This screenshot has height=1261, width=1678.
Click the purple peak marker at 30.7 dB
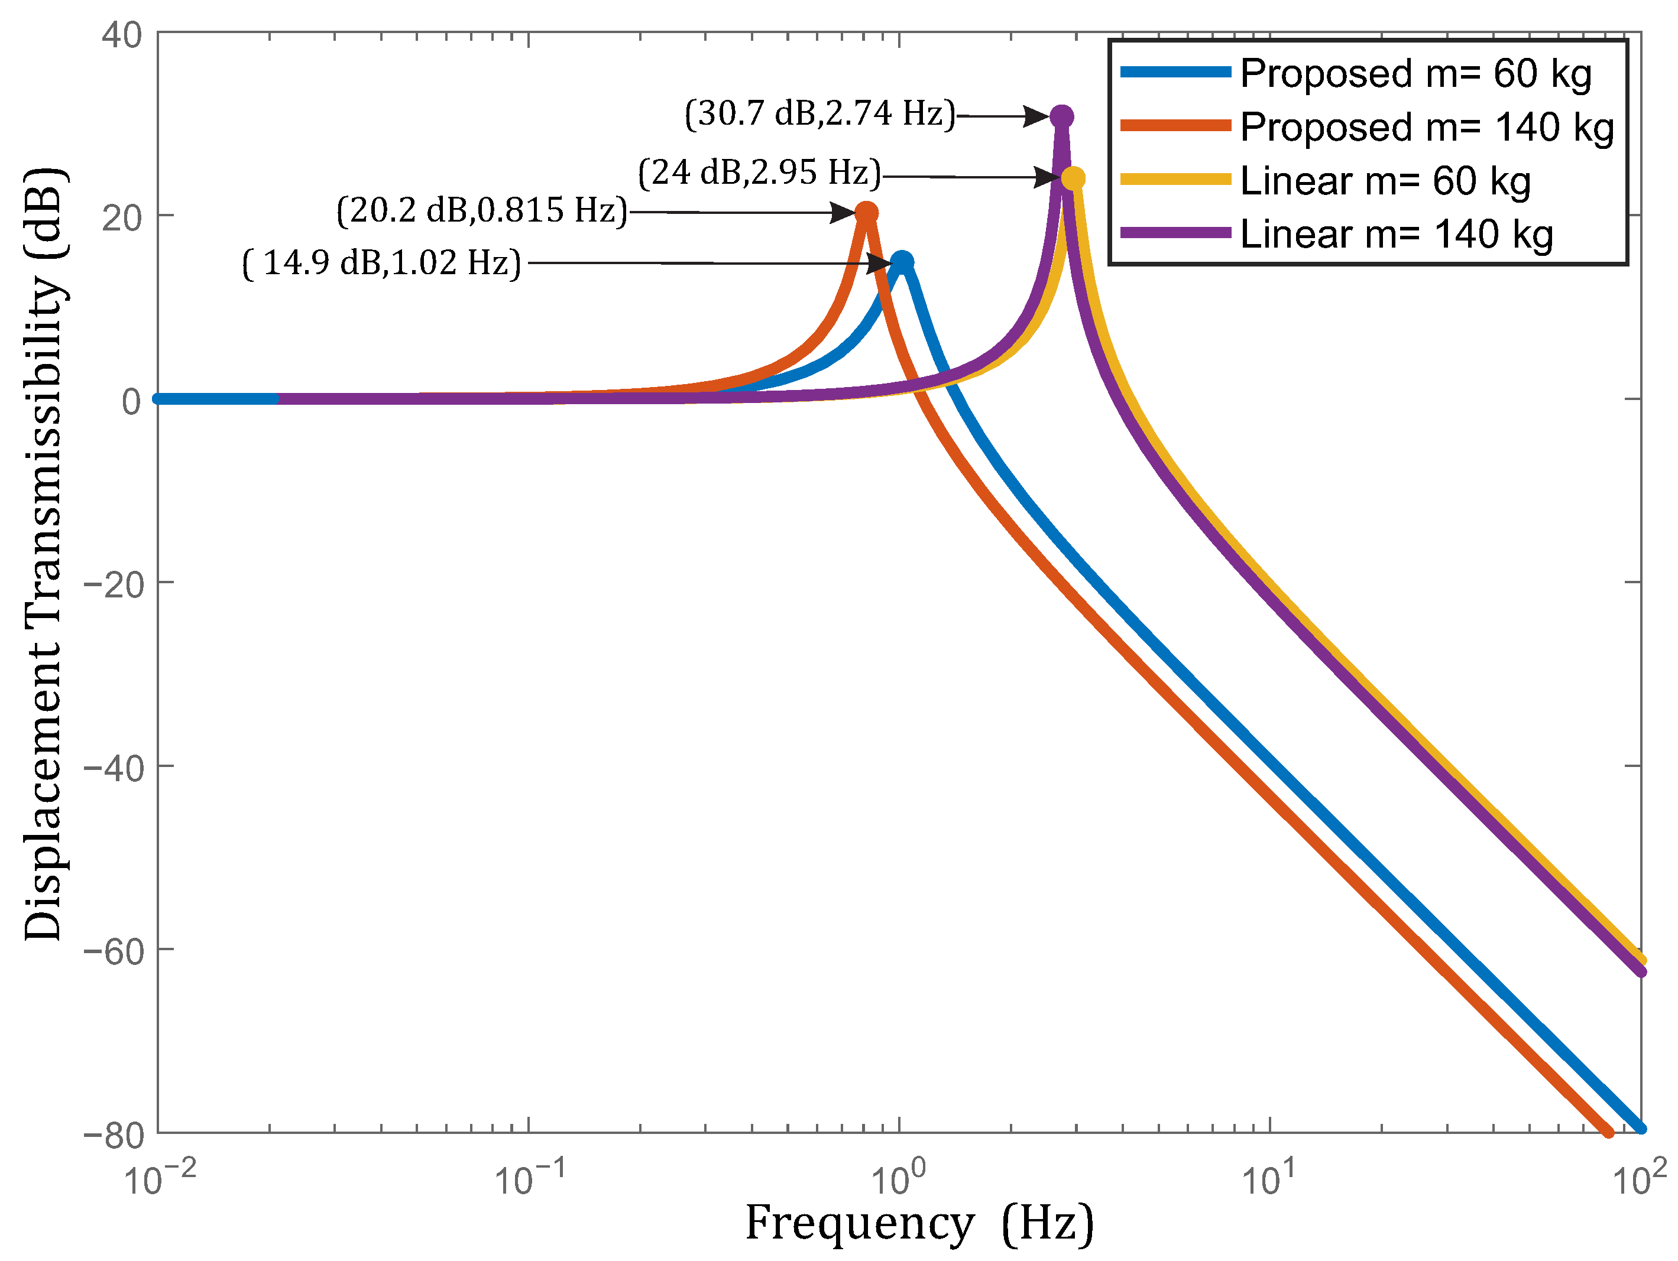[1061, 116]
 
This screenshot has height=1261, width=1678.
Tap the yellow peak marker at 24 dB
[1073, 178]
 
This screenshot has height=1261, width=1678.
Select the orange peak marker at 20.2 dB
[866, 213]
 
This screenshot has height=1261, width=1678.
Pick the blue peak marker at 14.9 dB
[901, 262]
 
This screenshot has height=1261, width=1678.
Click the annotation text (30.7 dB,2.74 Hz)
[820, 113]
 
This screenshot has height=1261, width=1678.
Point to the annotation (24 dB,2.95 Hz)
[759, 173]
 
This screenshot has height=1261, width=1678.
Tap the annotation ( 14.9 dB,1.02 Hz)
[381, 263]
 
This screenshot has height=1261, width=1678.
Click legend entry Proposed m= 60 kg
[1415, 73]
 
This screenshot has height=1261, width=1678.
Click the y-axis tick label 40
[122, 35]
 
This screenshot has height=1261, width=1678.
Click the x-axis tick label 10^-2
[158, 1179]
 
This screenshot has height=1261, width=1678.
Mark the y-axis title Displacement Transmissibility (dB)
[43, 554]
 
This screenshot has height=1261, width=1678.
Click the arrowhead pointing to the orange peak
[844, 212]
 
